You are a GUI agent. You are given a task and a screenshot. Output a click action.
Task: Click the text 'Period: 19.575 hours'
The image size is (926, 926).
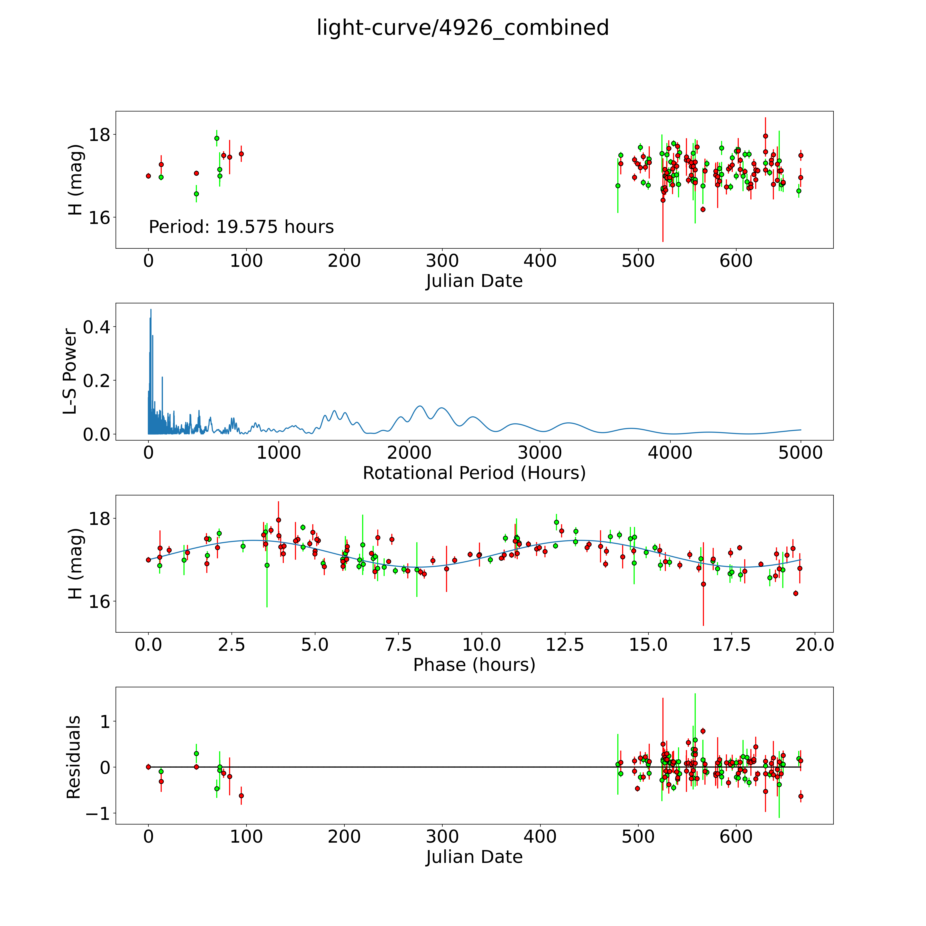tap(241, 227)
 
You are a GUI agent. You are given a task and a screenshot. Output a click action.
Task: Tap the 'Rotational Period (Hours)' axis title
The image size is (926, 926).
tap(474, 473)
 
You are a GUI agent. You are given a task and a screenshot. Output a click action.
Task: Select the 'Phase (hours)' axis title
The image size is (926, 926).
tap(474, 665)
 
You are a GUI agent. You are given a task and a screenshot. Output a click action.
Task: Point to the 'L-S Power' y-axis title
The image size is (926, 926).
tap(70, 371)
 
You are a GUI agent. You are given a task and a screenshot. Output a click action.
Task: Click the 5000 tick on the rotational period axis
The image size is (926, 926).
tap(800, 453)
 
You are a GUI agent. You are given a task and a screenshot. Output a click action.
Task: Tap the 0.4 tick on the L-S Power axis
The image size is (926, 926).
tap(96, 327)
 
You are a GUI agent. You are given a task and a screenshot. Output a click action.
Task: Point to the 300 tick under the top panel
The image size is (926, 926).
tap(442, 261)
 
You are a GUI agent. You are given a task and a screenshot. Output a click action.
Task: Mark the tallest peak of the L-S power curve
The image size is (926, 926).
tap(151, 310)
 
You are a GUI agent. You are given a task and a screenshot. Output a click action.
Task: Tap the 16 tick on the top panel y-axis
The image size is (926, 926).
tap(99, 218)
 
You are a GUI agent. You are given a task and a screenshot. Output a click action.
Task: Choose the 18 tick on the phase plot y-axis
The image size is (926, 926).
tap(99, 519)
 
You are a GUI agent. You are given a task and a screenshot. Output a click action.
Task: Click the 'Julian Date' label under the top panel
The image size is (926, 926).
tap(474, 281)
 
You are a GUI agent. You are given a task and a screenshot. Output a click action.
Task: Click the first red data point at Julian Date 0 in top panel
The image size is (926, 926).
tap(149, 176)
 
